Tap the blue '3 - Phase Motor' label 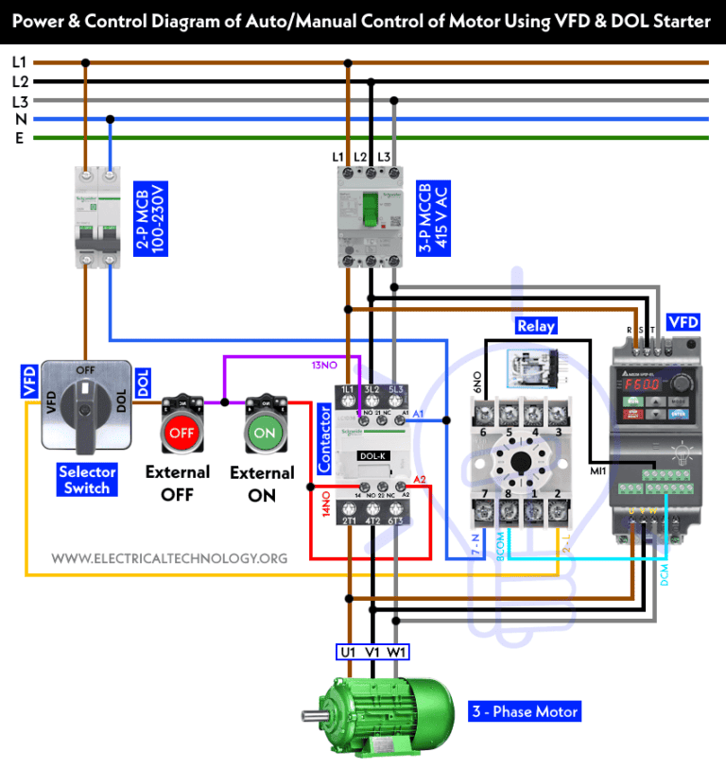click(525, 711)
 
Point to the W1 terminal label click(396, 652)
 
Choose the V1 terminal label click(372, 652)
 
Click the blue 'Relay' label click(535, 326)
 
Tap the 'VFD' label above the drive click(683, 323)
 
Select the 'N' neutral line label click(18, 119)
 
